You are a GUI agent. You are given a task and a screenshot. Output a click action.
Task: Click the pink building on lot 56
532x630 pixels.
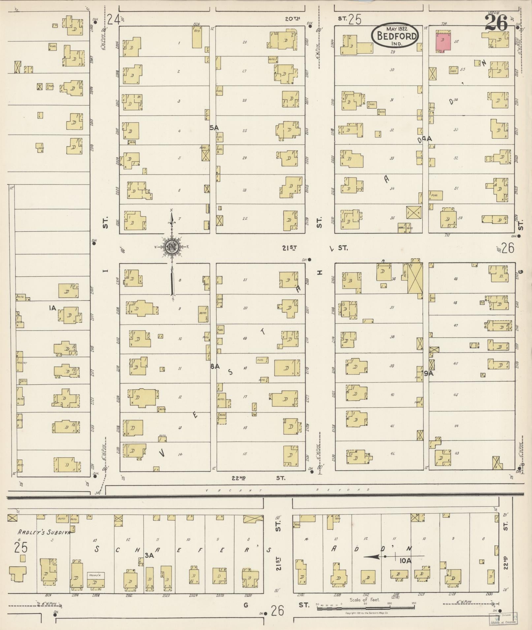point(443,41)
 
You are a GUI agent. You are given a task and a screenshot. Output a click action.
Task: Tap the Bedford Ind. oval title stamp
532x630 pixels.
point(394,35)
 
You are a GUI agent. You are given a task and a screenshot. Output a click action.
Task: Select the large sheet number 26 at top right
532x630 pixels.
point(496,22)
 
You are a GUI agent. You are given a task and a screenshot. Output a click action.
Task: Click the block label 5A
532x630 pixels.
point(214,127)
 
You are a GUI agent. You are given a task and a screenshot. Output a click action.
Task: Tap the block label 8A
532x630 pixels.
point(215,366)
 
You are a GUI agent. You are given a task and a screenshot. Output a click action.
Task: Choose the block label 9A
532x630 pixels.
point(428,373)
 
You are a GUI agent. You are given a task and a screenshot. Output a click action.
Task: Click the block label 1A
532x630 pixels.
point(53,308)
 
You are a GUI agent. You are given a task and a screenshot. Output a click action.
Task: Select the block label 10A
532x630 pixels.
point(405,560)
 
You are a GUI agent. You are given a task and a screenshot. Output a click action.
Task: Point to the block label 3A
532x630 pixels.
point(149,555)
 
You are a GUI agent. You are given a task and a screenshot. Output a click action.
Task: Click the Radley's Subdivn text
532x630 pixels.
point(44,532)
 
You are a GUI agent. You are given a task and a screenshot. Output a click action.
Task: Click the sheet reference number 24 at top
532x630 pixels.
point(113,20)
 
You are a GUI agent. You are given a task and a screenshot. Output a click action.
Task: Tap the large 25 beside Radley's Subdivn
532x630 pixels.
point(20,548)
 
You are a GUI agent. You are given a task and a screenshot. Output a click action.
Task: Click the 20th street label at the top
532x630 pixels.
point(292,19)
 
